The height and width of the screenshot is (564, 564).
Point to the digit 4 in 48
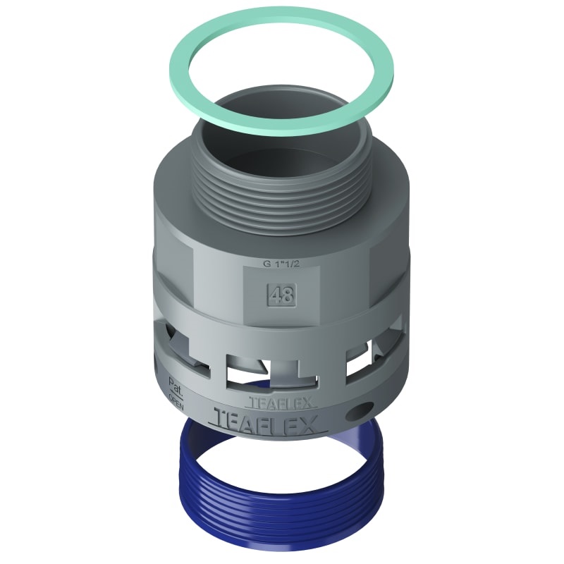click(275, 294)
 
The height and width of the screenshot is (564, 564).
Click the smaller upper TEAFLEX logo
click(282, 403)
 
